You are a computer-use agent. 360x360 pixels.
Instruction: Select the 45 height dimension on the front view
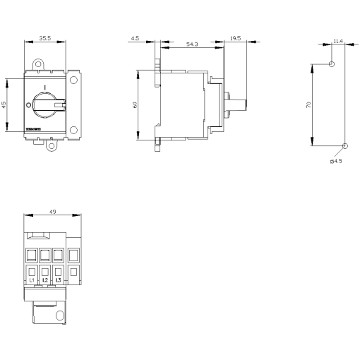pos(4,104)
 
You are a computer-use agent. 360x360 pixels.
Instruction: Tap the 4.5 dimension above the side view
pos(134,40)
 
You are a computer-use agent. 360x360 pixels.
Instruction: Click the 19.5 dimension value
pos(234,40)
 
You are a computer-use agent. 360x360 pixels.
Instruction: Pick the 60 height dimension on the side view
pos(136,104)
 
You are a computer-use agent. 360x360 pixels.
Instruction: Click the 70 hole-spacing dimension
pos(308,104)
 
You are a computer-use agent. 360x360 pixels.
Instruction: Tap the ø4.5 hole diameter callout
pos(336,162)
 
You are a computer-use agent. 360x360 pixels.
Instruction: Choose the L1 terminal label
pos(32,280)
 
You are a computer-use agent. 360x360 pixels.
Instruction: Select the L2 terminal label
pos(45,280)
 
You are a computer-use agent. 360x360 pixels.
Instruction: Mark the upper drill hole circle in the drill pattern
pos(331,64)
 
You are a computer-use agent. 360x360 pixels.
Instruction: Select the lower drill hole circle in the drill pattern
pos(345,146)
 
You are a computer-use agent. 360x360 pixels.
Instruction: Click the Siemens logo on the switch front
pos(34,131)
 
